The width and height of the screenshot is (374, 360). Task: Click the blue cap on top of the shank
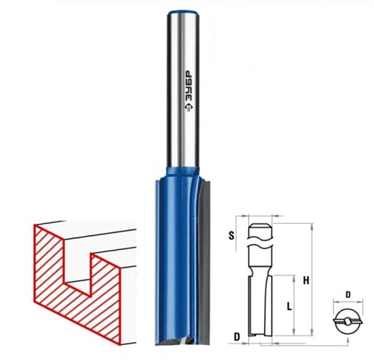tap(183, 13)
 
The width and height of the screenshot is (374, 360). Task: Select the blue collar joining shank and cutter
tap(183, 171)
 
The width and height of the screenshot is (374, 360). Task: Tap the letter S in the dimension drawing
tap(232, 235)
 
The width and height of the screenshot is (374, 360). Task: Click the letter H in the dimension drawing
tap(306, 281)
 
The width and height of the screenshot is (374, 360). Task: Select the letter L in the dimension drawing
tap(289, 306)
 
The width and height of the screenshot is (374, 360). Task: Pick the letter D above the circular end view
tap(348, 295)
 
